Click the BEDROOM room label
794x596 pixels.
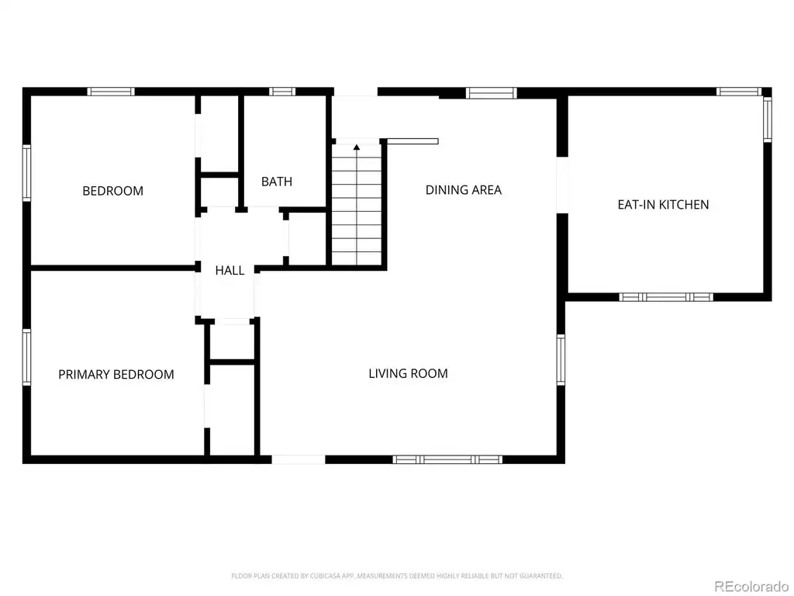click(113, 191)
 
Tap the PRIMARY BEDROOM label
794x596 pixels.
click(116, 375)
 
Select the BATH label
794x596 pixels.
click(277, 182)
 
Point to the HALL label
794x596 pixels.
click(230, 271)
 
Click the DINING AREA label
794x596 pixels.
click(464, 190)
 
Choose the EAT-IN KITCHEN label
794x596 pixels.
click(664, 205)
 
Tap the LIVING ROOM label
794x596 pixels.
click(408, 373)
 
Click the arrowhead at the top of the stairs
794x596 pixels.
click(357, 147)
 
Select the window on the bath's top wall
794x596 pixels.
click(282, 92)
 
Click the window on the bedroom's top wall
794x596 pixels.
click(111, 92)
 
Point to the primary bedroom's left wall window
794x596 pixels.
click(26, 357)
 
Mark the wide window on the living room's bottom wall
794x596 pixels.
click(447, 459)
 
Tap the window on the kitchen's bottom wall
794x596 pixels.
click(666, 297)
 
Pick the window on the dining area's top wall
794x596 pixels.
click(491, 93)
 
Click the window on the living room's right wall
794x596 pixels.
click(561, 359)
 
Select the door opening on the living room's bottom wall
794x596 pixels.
click(299, 459)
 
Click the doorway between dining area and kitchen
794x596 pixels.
click(562, 185)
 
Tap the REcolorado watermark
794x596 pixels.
click(751, 587)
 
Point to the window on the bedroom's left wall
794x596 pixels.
click(26, 173)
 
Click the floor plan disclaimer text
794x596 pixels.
click(397, 576)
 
